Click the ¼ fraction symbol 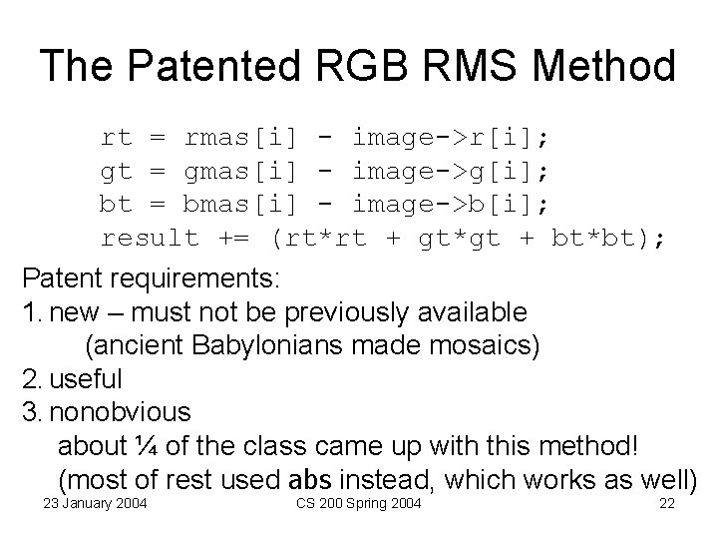pos(147,445)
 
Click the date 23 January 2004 pos(95,503)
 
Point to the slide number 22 pos(667,503)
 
